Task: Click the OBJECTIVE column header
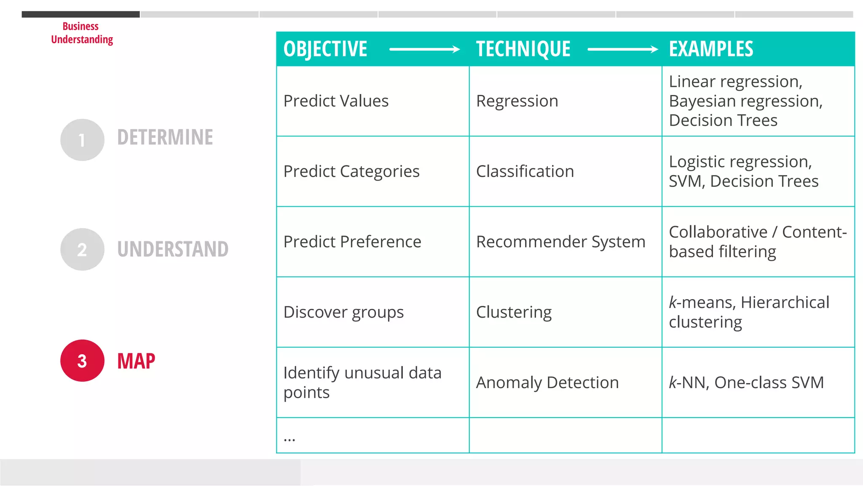point(325,49)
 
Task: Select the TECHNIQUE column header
point(523,49)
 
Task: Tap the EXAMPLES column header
point(711,49)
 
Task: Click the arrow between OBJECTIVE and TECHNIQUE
point(424,49)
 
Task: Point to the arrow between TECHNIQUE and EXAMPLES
point(622,49)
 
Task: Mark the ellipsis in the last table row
point(289,439)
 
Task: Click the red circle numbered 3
point(82,361)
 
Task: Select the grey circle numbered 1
point(82,140)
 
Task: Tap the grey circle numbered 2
point(82,249)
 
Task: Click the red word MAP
point(136,361)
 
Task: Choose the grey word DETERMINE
point(165,138)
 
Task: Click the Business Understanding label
point(82,33)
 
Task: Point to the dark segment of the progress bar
point(80,14)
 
